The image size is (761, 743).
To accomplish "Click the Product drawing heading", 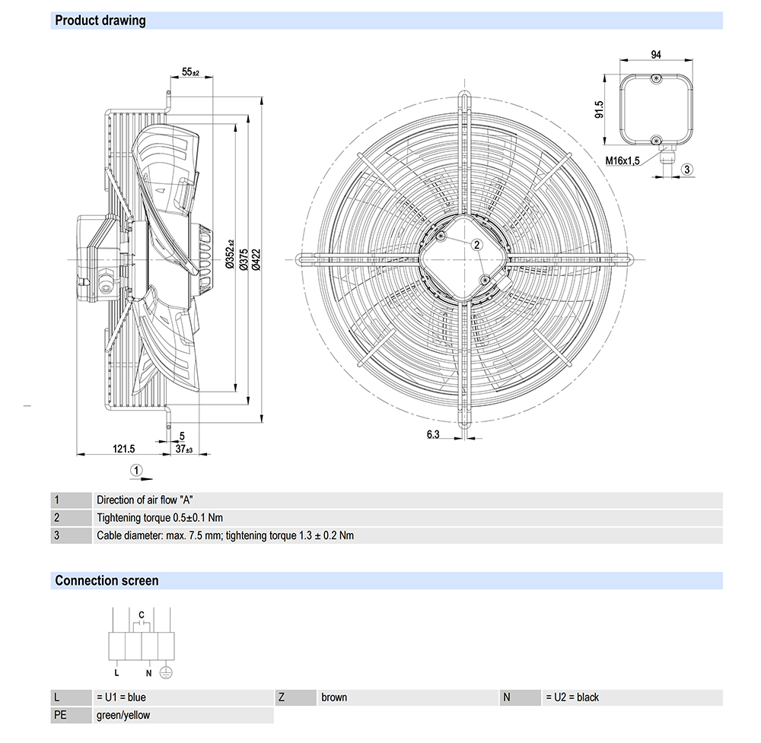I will pos(100,21).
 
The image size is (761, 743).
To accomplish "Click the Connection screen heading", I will pos(107,581).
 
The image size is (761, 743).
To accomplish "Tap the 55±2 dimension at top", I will pos(190,72).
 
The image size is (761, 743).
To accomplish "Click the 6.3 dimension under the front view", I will pos(433,434).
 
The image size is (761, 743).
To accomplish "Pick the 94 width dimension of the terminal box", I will pos(655,54).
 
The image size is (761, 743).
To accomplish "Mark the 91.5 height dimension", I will pos(600,110).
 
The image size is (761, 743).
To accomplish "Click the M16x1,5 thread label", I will pos(623,160).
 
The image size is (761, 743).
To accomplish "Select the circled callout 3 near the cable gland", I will pos(686,169).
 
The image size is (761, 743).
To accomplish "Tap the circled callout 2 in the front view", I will pos(476,244).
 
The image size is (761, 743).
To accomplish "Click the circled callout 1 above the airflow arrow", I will pos(135,470).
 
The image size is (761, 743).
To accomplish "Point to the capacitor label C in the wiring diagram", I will pos(142,614).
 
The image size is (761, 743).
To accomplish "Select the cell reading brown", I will pos(334,697).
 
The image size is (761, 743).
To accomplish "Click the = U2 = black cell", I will pos(572,697).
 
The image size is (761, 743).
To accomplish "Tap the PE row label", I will pos(61,715).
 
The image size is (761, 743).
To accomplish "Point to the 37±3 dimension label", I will pos(183,449).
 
